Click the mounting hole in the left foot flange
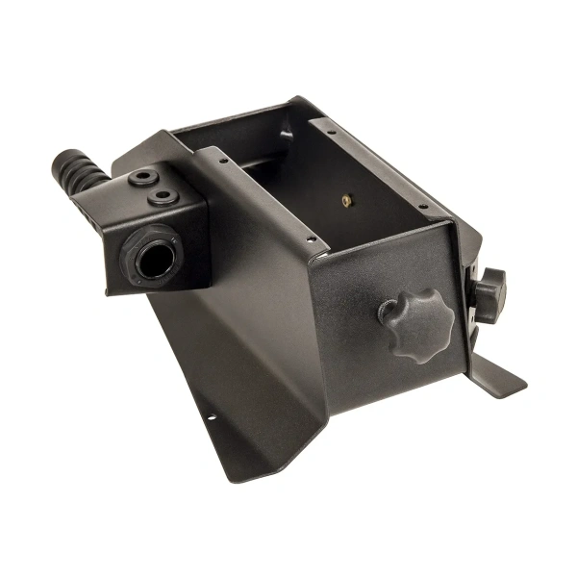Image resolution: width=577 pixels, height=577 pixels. [x=213, y=417]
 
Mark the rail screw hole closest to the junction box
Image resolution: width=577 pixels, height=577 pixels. [x=223, y=162]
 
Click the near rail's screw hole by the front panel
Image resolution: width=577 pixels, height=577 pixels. [x=311, y=240]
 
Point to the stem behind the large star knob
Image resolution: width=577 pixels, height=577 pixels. [x=386, y=311]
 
